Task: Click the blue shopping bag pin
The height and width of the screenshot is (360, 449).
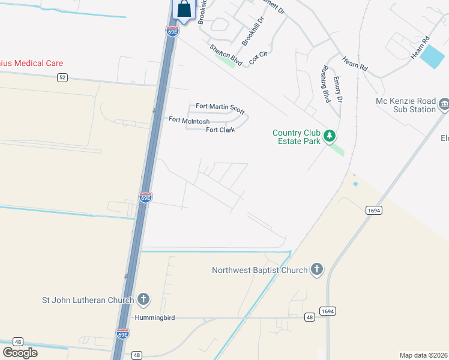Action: [184, 9]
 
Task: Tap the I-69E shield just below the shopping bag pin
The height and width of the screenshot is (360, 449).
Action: [172, 31]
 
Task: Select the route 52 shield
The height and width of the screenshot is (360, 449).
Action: [62, 77]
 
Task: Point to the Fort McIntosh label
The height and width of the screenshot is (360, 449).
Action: [189, 120]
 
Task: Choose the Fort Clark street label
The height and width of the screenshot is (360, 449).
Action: [220, 130]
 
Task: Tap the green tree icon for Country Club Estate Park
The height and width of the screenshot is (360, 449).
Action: [329, 136]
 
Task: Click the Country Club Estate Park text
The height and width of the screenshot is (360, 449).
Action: [297, 137]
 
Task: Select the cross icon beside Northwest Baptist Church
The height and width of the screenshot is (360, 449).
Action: [317, 270]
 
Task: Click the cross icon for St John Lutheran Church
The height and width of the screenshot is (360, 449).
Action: [143, 298]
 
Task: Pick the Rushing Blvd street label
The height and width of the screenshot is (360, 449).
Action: [326, 83]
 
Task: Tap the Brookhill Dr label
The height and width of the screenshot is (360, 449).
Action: [253, 31]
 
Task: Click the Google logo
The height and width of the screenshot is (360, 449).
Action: [20, 353]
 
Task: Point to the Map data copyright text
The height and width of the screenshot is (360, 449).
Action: [424, 355]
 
